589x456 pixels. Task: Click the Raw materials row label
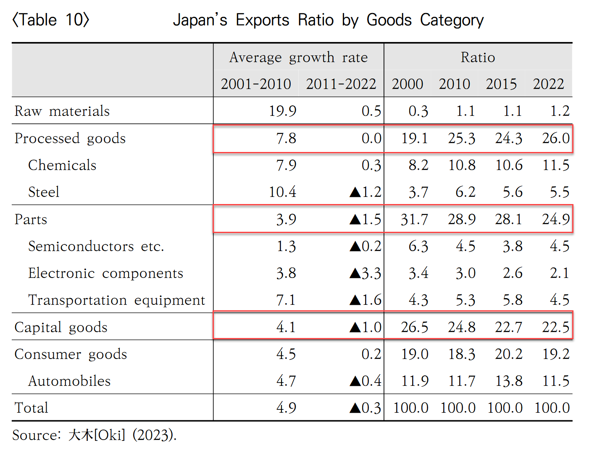click(x=62, y=111)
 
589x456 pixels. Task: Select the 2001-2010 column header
click(x=256, y=84)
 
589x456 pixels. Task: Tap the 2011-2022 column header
click(x=341, y=84)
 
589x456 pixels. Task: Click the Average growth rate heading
click(x=298, y=57)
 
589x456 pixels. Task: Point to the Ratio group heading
click(x=478, y=57)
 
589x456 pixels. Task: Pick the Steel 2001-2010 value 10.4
click(x=282, y=192)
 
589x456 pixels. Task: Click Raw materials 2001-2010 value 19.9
click(x=282, y=111)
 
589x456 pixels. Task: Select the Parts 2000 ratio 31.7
click(x=414, y=219)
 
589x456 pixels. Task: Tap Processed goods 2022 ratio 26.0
click(x=555, y=138)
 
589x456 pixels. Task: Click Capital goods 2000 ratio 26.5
click(x=414, y=327)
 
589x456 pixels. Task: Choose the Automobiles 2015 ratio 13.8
click(x=508, y=381)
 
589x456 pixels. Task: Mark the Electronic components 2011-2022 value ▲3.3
click(x=365, y=273)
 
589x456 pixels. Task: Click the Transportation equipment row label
click(x=116, y=300)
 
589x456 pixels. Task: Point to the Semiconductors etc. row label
click(x=96, y=246)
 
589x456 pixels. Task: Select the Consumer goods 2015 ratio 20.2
click(x=508, y=354)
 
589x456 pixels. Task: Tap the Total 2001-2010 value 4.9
click(x=286, y=408)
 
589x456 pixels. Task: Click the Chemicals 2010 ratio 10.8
click(x=461, y=165)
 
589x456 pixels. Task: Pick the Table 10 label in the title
click(x=51, y=20)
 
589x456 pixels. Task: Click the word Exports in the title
click(x=262, y=20)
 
